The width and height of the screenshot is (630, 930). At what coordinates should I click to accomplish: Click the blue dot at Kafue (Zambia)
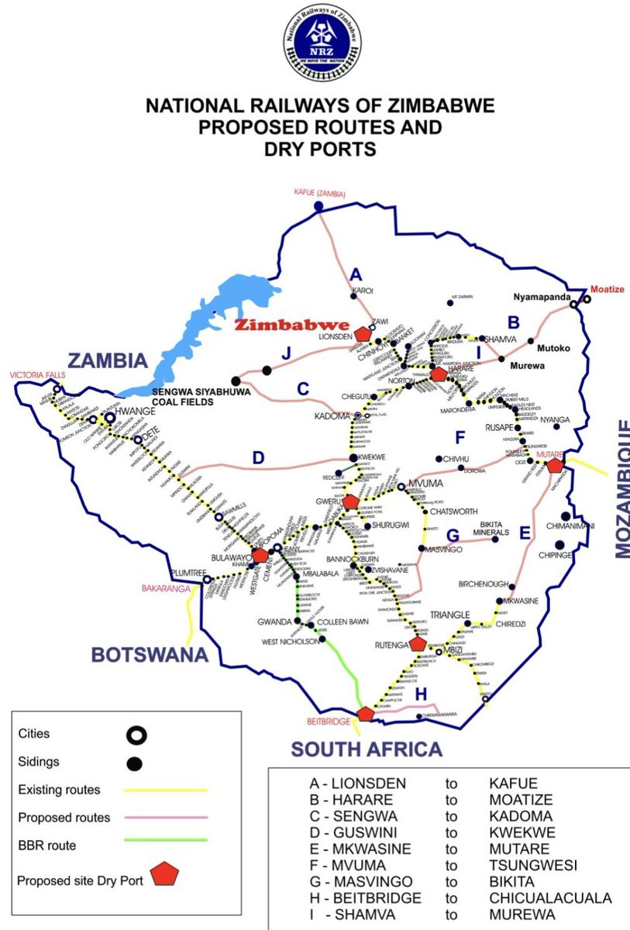click(318, 206)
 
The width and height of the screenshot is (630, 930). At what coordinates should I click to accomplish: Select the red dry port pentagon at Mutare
click(555, 466)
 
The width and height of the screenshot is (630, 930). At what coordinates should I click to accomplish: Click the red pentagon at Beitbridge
click(366, 714)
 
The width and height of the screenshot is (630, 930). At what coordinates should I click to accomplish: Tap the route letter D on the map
click(259, 458)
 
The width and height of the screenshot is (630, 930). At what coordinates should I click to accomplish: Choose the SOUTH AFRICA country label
click(367, 749)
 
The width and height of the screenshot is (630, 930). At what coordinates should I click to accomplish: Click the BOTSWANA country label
click(150, 655)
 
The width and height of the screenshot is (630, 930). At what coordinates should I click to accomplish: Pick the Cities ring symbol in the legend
click(136, 735)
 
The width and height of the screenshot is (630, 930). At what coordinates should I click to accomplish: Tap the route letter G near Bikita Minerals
click(453, 535)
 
